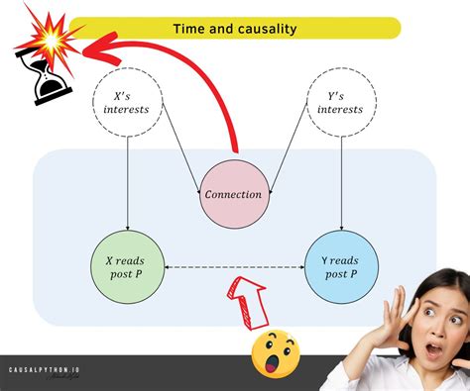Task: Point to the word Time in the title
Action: [x=187, y=29]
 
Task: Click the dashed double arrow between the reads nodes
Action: [x=234, y=266]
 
